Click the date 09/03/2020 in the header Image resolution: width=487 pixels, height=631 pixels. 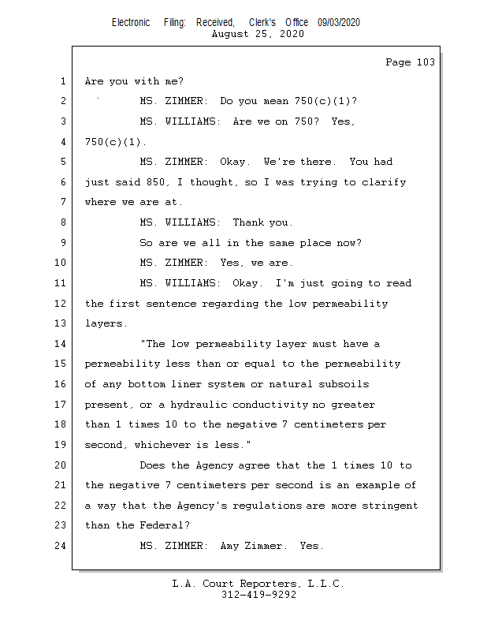coord(339,23)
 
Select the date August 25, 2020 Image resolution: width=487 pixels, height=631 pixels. coord(258,35)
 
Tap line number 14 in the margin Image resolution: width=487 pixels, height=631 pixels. coord(62,344)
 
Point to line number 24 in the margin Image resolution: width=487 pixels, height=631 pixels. coord(62,546)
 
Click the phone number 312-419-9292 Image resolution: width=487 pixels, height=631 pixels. coord(258,595)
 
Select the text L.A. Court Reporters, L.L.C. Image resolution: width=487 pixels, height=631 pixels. coord(258,584)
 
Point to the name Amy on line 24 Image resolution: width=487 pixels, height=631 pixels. coord(229,546)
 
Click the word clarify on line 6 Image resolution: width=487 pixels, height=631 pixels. coord(385,182)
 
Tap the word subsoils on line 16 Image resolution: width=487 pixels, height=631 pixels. coord(344,384)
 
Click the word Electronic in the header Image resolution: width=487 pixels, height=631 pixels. coord(131,23)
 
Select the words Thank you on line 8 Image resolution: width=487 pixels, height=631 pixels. coord(262,222)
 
